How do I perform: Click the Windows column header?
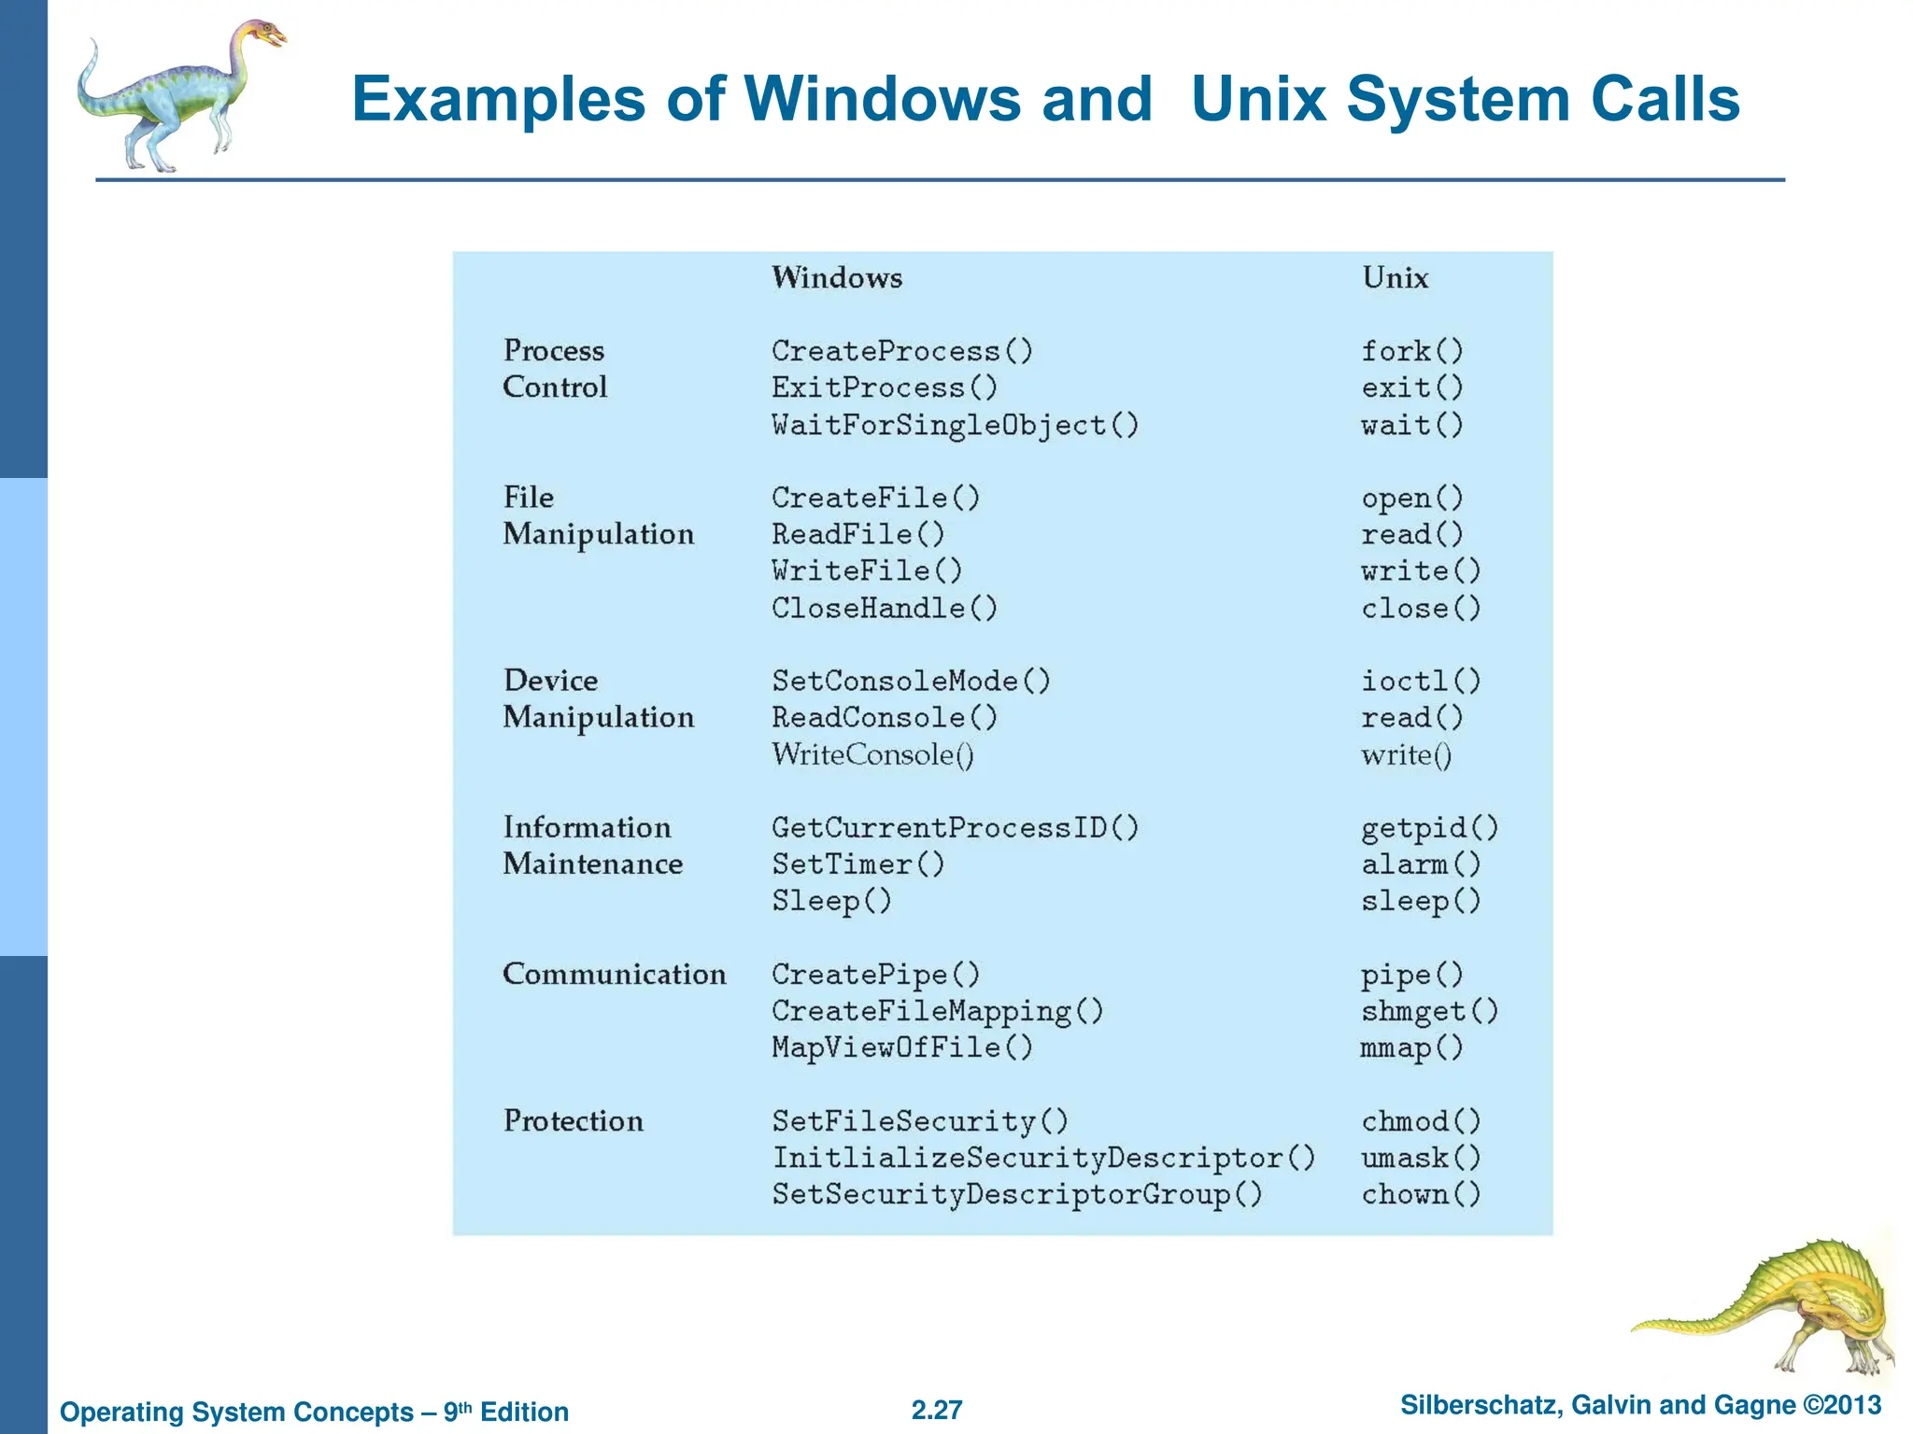[836, 277]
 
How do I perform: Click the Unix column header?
[1395, 277]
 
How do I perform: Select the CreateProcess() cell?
[901, 351]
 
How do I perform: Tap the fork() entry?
[1411, 351]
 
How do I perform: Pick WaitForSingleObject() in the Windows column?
[955, 425]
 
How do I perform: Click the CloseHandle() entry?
[884, 608]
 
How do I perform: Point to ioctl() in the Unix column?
[1420, 681]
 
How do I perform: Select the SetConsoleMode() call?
[911, 681]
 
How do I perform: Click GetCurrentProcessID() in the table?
[955, 827]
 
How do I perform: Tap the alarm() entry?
[1420, 864]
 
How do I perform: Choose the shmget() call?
[1429, 1011]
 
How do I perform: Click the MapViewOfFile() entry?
[901, 1047]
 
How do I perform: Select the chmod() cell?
[1420, 1120]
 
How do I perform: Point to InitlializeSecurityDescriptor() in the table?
[1043, 1158]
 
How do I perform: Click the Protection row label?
[573, 1120]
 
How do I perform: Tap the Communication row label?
[614, 974]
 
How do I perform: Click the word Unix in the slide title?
[1259, 98]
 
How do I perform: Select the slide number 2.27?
[936, 1410]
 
